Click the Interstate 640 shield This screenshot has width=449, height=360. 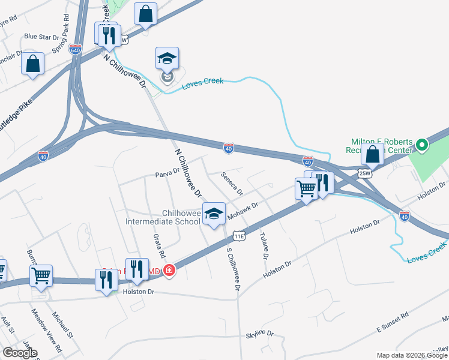coord(75,50)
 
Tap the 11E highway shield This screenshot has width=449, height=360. coord(239,236)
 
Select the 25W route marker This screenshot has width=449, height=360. coord(364,173)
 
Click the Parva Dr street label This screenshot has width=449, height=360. coord(167,173)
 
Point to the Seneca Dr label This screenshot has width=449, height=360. coord(232,184)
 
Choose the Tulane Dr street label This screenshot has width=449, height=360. coord(263,245)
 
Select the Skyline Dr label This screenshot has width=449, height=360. coord(259,333)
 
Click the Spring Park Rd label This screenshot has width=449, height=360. coord(61,40)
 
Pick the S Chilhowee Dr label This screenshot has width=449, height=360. coord(233,270)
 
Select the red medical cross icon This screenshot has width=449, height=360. coord(170,271)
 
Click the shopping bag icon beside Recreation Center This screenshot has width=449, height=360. coord(373,154)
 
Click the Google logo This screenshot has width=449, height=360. coord(20,353)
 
